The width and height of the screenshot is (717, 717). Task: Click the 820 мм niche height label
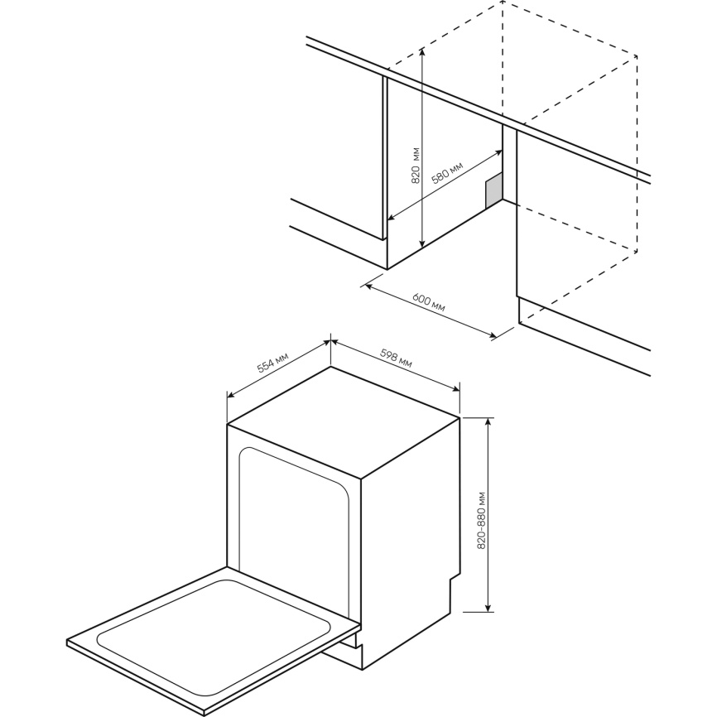[416, 165]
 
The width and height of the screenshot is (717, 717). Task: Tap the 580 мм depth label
[448, 172]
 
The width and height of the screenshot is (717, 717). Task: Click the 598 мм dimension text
[396, 358]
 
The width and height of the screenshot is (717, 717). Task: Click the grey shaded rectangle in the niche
[493, 190]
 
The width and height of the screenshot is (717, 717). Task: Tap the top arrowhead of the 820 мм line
[423, 51]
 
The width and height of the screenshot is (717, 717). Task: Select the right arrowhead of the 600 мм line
[493, 336]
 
